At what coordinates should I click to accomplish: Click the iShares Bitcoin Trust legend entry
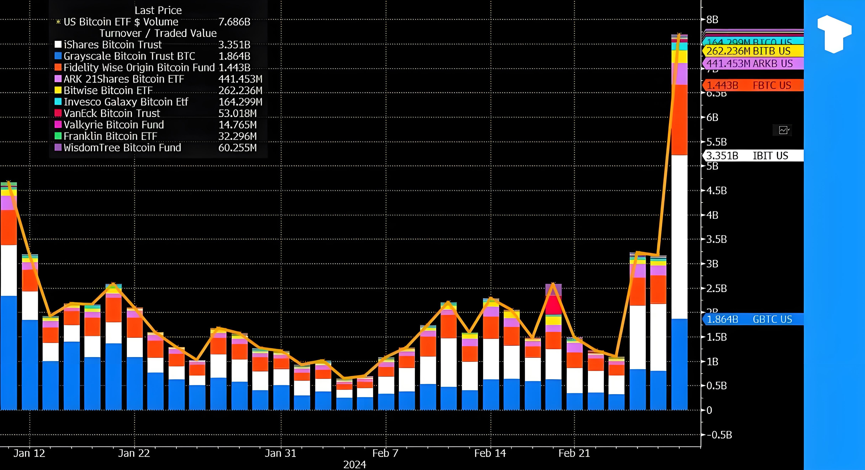click(113, 45)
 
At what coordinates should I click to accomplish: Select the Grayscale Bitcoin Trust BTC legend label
click(129, 56)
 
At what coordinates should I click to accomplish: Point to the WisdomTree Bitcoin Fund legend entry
click(122, 148)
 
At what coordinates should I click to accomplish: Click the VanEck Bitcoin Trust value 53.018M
click(237, 113)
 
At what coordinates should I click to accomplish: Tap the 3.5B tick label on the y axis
click(716, 239)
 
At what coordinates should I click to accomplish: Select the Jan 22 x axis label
click(134, 453)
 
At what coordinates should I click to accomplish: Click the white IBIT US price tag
click(753, 156)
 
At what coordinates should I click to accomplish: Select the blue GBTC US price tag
click(753, 319)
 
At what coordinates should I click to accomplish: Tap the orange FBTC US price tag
click(753, 85)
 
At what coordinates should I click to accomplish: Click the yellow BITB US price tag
click(753, 51)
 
